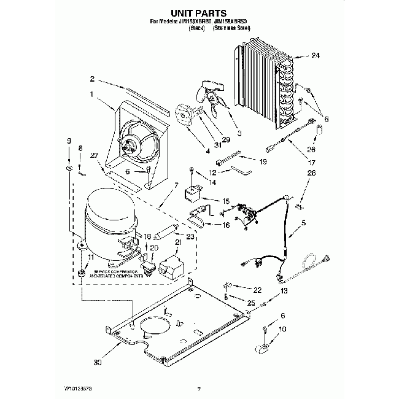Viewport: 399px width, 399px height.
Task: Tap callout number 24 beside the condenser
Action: pos(316,56)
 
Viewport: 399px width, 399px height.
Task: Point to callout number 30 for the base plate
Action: pos(96,362)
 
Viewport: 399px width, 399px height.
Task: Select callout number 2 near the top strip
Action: pos(92,79)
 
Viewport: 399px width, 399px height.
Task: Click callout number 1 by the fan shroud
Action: pos(92,95)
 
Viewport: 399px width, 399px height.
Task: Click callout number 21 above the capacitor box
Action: pos(179,242)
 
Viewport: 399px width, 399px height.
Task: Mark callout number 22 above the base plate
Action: pos(257,289)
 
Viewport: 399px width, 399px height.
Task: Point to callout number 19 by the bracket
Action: pos(262,161)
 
